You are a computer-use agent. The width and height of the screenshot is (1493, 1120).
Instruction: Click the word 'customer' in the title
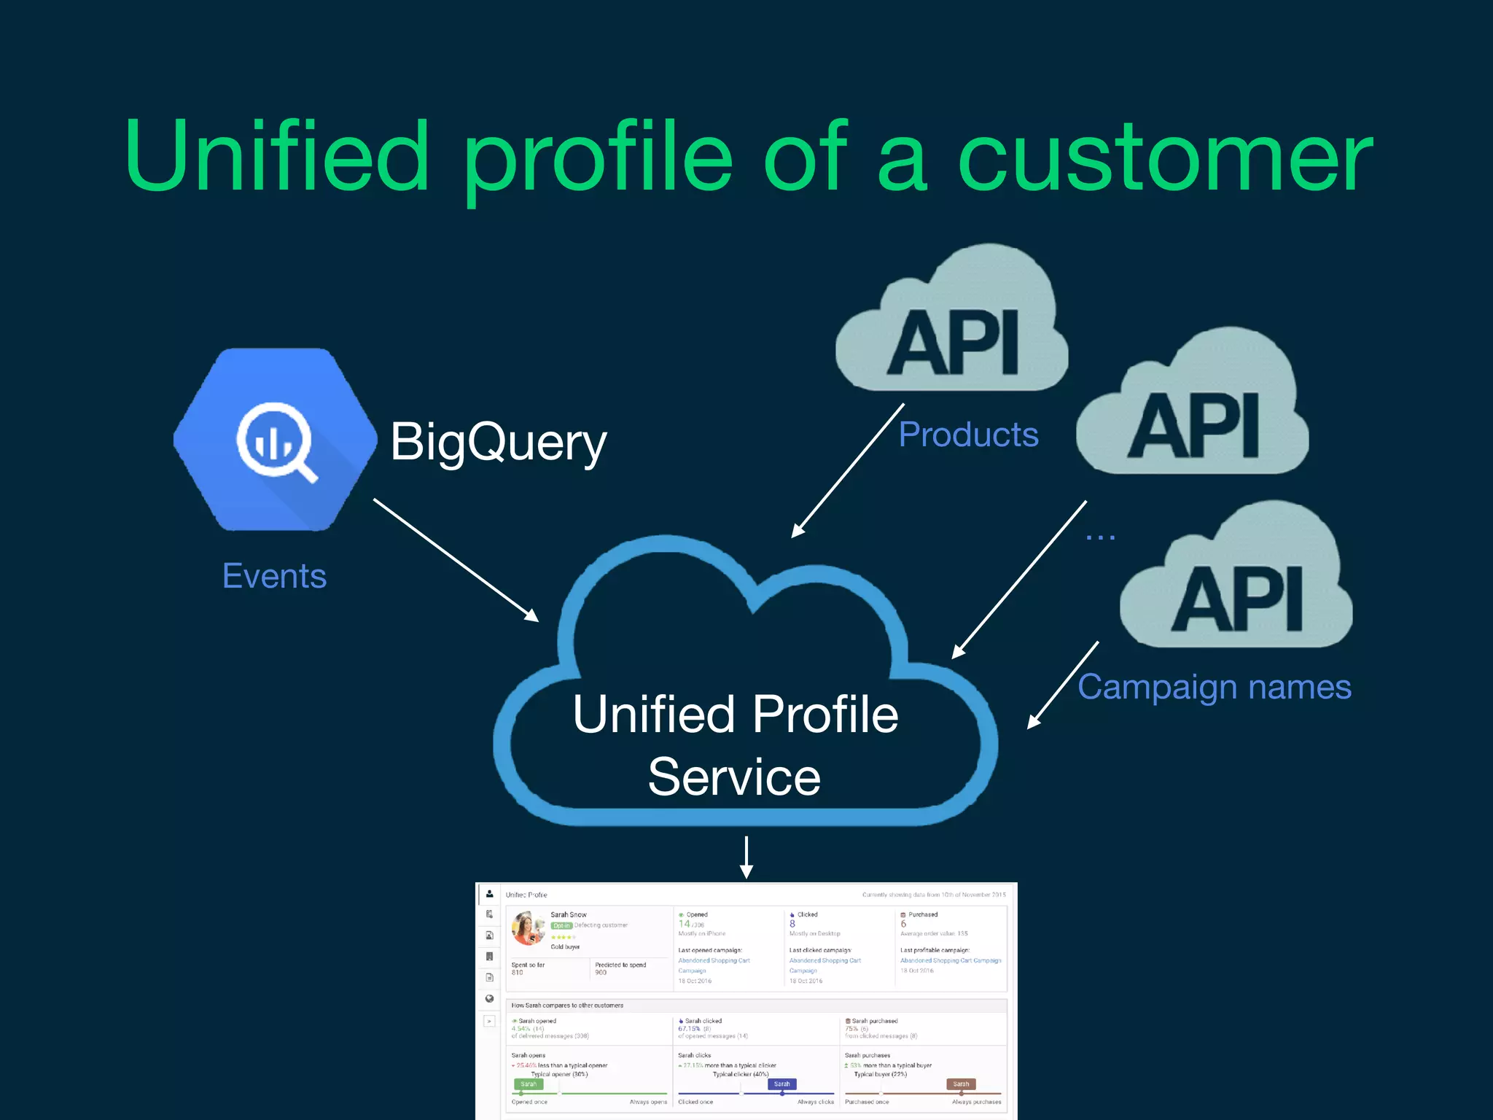[1164, 158]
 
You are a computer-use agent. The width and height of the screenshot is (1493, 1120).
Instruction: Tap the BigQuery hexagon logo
[276, 440]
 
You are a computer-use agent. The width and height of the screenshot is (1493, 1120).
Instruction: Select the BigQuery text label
[498, 442]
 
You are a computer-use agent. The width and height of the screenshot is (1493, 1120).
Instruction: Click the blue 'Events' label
[274, 576]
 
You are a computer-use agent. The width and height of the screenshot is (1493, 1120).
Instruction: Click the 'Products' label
[968, 435]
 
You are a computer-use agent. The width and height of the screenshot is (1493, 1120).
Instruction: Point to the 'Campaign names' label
[1214, 687]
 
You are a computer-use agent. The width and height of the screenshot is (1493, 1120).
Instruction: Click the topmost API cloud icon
[952, 328]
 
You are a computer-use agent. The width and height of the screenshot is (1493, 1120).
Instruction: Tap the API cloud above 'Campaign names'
[1236, 583]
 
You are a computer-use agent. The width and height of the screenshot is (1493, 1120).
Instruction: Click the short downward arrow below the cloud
[746, 857]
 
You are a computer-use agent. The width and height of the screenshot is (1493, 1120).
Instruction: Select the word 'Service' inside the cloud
[734, 777]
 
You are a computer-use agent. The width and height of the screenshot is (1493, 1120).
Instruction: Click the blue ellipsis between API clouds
[1100, 537]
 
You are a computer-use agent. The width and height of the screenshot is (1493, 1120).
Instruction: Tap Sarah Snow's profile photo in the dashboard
[528, 928]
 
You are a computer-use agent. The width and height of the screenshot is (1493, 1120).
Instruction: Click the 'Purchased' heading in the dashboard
[922, 914]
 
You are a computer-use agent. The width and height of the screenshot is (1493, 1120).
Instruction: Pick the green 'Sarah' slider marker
[528, 1084]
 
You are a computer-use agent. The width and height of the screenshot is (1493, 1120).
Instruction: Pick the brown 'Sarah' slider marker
[961, 1084]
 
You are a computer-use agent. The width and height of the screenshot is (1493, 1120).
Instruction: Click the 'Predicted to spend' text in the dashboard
[620, 965]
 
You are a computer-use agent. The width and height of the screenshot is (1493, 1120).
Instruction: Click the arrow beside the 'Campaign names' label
[1062, 685]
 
